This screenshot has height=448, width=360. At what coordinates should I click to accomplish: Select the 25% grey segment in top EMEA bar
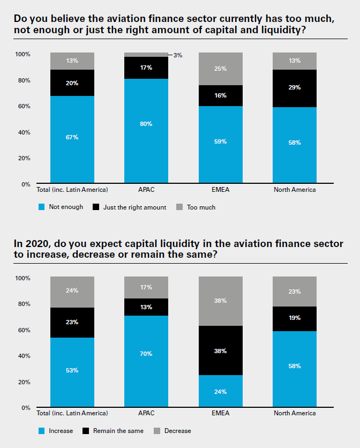point(221,69)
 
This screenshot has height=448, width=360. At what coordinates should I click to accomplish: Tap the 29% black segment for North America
point(295,88)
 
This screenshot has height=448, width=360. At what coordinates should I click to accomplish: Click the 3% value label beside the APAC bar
point(178,55)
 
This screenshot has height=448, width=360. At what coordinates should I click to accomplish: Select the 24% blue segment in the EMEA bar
point(221,391)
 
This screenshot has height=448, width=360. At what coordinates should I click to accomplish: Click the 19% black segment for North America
point(295,318)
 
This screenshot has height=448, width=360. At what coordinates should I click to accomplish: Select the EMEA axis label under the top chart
point(221,190)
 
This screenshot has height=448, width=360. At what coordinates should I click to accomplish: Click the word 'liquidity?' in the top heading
point(289,30)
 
